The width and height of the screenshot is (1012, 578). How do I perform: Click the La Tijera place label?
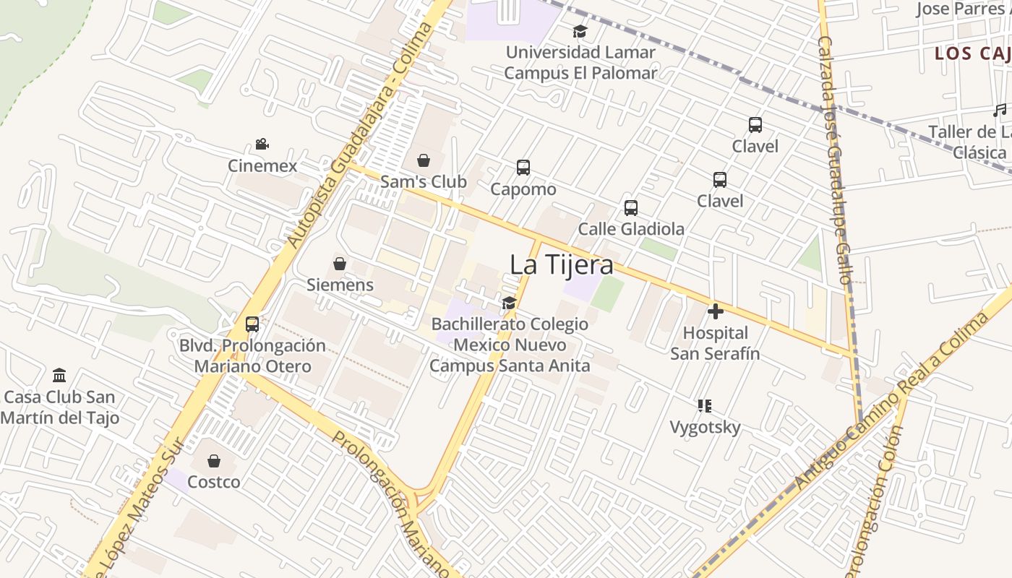pos(562,264)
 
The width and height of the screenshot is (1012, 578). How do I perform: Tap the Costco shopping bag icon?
pos(214,461)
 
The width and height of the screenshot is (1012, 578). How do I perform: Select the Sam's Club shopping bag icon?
pos(424,160)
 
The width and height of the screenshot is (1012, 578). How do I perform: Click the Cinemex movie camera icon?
pos(262,144)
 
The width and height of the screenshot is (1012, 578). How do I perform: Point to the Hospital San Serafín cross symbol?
pos(716,311)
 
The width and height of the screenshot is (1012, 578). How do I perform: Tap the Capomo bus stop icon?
pos(523,168)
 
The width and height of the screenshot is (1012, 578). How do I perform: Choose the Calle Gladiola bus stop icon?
pos(631,208)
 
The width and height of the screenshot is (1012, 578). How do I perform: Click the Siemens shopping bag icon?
pos(340,264)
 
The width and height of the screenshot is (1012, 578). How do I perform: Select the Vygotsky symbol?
pos(705,406)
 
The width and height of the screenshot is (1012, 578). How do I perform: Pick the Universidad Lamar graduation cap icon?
pos(580,31)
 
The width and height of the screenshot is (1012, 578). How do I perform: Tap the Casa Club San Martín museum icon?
pos(59,376)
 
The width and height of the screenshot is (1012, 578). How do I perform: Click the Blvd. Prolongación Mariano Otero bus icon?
pos(252,324)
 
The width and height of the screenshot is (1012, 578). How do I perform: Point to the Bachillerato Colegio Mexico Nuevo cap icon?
pos(510,303)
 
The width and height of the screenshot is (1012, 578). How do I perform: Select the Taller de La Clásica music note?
pos(999,111)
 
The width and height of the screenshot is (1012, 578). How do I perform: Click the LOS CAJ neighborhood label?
pos(972,53)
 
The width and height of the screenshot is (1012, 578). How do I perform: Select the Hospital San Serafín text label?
pos(715,343)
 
